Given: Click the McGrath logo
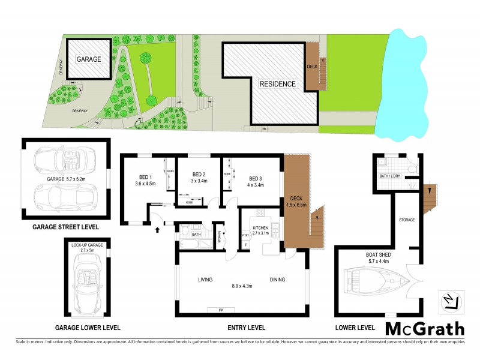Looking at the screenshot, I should (424, 329).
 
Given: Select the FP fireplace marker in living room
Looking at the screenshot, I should (213, 310).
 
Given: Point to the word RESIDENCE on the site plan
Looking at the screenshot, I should (277, 84).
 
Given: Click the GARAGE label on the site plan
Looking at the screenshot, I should (88, 59).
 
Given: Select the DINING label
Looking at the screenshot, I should (278, 279).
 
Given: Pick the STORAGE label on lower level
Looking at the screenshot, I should (407, 220).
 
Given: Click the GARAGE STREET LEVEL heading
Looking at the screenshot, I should (66, 228).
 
